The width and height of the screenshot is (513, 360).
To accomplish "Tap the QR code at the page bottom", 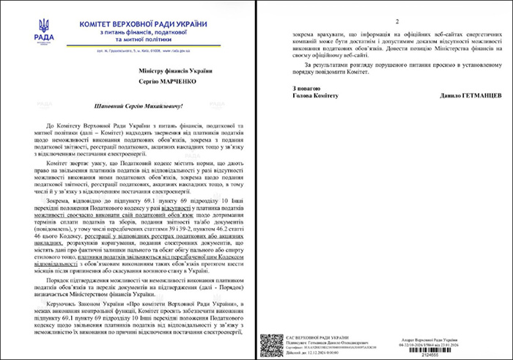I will point(271,344).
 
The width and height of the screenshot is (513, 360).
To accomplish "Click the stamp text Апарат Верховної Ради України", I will point(460,334).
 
